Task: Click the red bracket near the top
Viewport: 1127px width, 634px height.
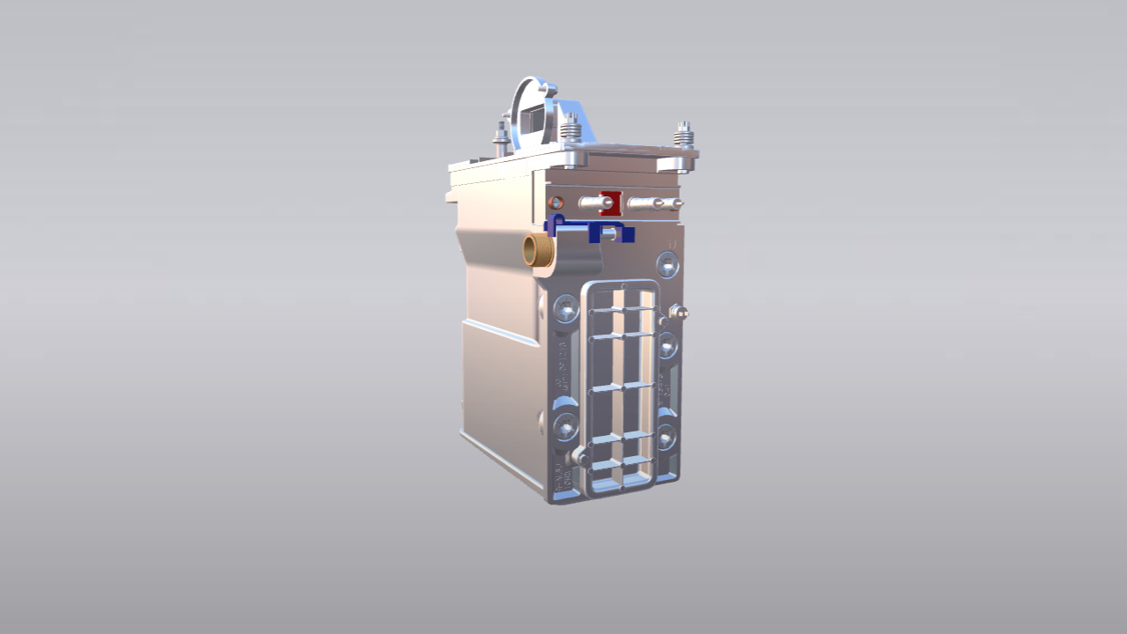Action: click(x=610, y=203)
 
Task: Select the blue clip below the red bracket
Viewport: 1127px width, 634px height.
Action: click(x=608, y=232)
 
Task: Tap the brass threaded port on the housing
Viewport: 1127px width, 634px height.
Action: click(x=536, y=250)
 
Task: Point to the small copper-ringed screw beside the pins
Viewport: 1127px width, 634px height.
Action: click(x=556, y=203)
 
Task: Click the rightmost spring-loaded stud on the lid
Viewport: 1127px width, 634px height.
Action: click(x=683, y=136)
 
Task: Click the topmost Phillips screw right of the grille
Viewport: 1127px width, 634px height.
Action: click(x=668, y=263)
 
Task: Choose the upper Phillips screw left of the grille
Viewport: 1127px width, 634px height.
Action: click(x=565, y=308)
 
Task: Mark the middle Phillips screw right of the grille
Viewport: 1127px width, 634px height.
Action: click(x=667, y=344)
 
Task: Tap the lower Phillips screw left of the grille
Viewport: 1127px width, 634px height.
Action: click(x=565, y=427)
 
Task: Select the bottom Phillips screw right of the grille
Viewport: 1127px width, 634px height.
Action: click(x=667, y=435)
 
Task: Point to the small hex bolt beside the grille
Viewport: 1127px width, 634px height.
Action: click(x=676, y=312)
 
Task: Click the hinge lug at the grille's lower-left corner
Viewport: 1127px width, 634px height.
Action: click(x=581, y=457)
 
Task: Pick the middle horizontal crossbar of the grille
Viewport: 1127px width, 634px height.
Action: click(x=622, y=387)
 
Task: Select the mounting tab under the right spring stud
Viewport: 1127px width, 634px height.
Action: click(x=677, y=164)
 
